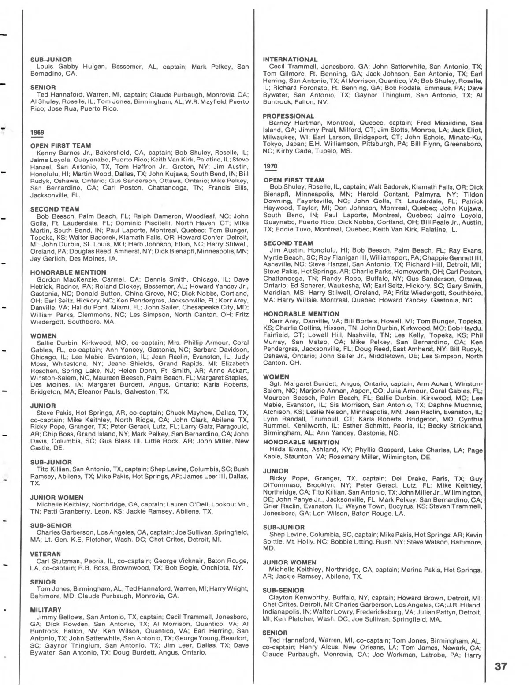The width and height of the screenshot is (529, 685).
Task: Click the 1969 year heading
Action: [x=37, y=132]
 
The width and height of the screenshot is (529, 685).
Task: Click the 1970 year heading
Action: [x=270, y=166]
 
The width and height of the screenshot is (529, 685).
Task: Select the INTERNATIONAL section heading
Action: [x=290, y=59]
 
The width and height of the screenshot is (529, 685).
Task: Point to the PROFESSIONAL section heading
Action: [x=288, y=116]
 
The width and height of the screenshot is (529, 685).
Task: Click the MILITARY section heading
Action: [x=46, y=610]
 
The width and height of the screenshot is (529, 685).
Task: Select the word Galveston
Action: [x=141, y=391]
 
